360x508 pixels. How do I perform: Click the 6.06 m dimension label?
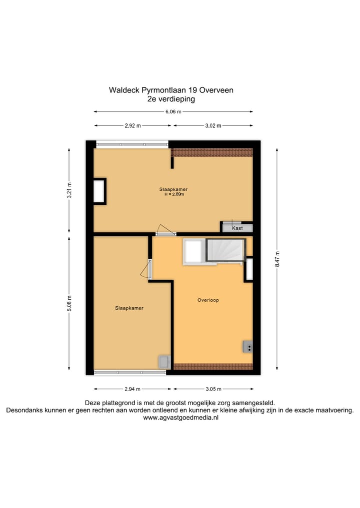(173, 112)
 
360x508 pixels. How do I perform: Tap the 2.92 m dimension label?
(132, 126)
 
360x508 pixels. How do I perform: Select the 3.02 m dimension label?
(213, 126)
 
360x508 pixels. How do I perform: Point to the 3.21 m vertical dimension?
(69, 190)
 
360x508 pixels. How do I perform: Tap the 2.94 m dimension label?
(132, 389)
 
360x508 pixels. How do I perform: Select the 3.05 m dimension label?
(213, 389)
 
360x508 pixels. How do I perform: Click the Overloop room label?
(208, 300)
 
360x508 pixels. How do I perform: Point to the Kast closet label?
(237, 228)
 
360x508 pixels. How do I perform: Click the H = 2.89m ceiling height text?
(174, 194)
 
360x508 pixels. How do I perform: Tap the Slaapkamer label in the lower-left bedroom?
(129, 308)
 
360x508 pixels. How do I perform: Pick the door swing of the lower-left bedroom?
(145, 270)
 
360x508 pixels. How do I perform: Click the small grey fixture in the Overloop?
(248, 346)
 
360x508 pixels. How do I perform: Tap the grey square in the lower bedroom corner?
(164, 362)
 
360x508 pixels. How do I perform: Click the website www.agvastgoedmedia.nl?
(180, 418)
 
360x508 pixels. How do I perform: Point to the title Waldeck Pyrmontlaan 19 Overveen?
(171, 90)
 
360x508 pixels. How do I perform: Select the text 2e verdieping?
(171, 99)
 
